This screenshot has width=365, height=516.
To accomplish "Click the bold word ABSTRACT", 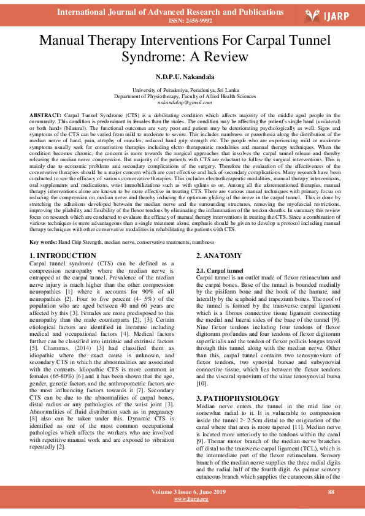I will pos(45,116).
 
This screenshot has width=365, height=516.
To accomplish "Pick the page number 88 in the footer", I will pos(331,491).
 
